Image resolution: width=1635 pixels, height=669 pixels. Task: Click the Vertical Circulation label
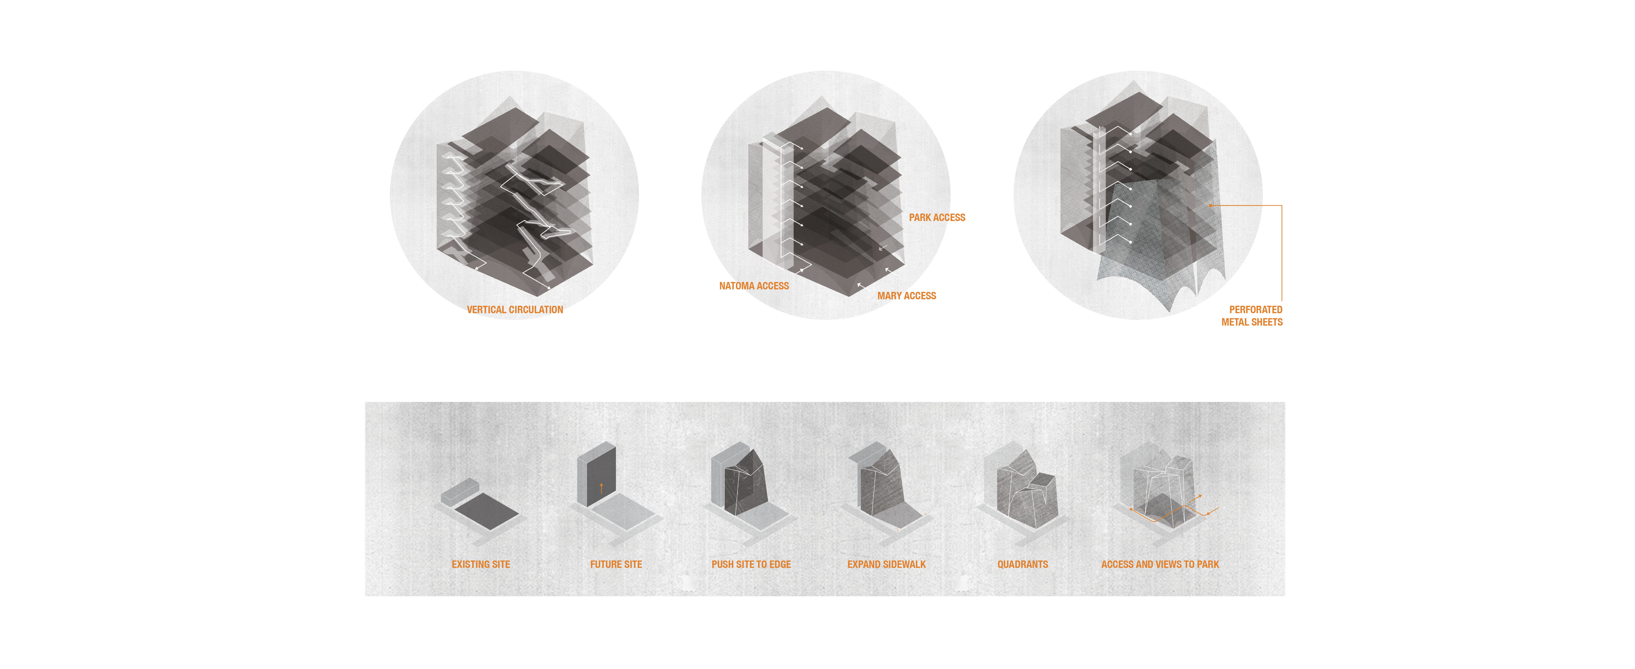(x=515, y=310)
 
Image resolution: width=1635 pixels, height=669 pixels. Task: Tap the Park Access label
(x=937, y=218)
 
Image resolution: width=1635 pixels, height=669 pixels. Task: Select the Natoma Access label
(x=754, y=286)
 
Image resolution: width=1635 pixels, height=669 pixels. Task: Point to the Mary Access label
(x=906, y=296)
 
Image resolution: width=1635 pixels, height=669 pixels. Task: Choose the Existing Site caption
(x=481, y=564)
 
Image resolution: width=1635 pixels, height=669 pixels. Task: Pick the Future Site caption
(x=616, y=564)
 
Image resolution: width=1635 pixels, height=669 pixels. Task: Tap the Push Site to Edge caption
(x=751, y=564)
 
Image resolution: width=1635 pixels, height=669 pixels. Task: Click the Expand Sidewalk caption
(x=886, y=564)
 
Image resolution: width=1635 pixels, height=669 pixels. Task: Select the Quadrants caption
(x=1023, y=564)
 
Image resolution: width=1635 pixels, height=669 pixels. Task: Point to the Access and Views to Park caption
(x=1160, y=564)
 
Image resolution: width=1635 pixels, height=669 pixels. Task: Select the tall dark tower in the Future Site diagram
(x=597, y=475)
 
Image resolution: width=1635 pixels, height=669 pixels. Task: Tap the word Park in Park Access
(x=920, y=218)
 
